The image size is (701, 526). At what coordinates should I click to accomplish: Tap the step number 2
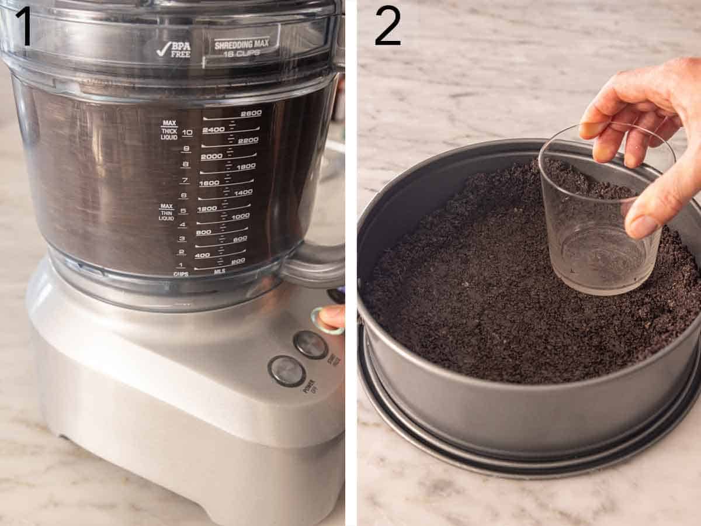click(x=387, y=26)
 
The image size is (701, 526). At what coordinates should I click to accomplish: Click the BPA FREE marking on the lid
click(x=174, y=50)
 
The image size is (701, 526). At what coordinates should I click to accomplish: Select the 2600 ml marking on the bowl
click(x=251, y=113)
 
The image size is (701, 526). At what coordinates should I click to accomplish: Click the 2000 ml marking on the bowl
click(x=211, y=157)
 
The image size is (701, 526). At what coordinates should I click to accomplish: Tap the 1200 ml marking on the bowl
click(x=207, y=209)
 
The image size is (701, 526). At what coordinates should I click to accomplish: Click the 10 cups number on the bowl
click(x=187, y=133)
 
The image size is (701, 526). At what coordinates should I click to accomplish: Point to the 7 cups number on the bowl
click(x=185, y=180)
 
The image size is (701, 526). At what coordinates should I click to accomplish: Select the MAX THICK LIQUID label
click(x=169, y=129)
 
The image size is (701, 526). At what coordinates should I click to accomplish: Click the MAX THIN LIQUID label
click(x=166, y=212)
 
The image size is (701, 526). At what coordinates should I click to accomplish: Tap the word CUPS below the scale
click(x=181, y=274)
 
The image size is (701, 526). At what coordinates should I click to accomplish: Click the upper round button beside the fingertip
click(x=310, y=344)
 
